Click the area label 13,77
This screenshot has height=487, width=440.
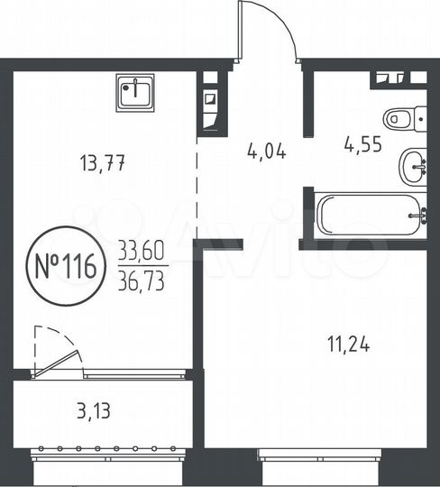click(101, 164)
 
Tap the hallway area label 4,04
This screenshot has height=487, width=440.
click(266, 151)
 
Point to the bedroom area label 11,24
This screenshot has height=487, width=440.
click(346, 344)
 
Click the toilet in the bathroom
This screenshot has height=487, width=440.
click(401, 118)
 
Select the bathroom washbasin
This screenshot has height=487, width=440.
click(413, 165)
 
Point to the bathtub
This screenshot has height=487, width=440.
click(371, 215)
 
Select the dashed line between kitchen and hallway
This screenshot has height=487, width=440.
click(197, 185)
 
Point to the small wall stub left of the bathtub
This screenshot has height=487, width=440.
click(307, 216)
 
